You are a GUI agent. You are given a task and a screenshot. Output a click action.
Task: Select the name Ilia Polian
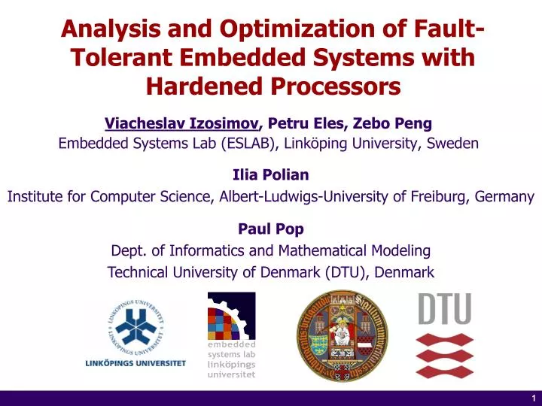pos(271,174)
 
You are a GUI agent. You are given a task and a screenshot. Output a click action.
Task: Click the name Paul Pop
pos(271,229)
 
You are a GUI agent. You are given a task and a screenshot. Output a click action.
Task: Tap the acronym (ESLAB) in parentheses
pos(250,143)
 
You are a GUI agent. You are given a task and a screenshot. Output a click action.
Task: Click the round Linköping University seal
pos(135,324)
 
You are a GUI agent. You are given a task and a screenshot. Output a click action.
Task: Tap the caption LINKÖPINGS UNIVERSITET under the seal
pos(135,363)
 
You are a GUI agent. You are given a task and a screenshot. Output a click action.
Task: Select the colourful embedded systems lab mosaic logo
pos(231,316)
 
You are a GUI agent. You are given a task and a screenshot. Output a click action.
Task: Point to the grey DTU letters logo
pos(444,308)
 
